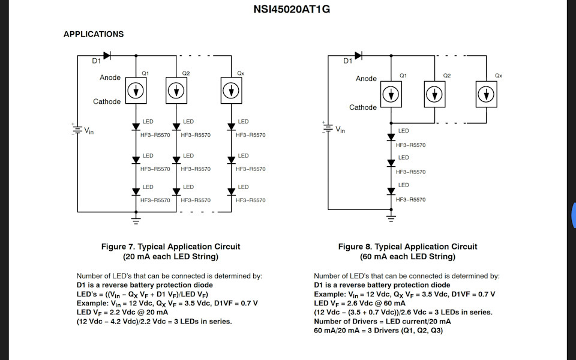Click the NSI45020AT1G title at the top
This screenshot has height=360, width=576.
point(292,10)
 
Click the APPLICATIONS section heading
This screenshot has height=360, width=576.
point(94,34)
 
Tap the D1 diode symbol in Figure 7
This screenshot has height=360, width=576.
point(107,56)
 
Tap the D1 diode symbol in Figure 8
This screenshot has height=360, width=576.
point(358,56)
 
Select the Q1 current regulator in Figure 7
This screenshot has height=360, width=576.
point(137,90)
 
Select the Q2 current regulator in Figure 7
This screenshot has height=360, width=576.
point(176,90)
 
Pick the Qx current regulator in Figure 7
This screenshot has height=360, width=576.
point(232,90)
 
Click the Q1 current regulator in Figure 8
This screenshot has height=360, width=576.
point(391,94)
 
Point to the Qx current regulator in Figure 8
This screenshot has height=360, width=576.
point(487,94)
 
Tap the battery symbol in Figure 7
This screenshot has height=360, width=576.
point(77,129)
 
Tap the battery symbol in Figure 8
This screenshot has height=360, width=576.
point(328,128)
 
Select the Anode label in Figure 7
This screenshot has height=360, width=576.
point(110,77)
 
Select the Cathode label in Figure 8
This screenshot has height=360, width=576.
point(363,107)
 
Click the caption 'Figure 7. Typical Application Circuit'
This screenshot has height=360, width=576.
point(170,247)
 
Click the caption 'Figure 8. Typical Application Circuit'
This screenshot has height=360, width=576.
point(407,247)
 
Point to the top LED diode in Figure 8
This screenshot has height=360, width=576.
point(391,137)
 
